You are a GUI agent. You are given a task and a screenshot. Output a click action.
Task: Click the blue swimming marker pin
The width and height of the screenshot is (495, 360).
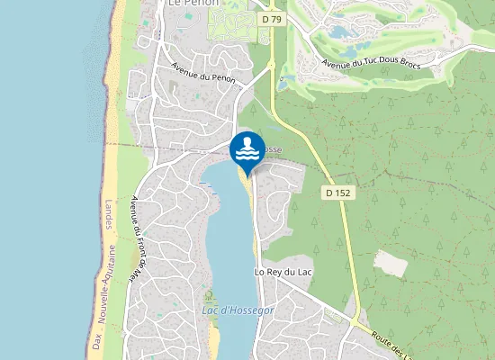(x=247, y=148)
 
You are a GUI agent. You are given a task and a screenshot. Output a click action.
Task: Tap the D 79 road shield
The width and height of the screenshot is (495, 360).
(x=272, y=18)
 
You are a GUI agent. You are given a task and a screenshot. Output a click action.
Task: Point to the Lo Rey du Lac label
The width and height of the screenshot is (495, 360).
(x=283, y=271)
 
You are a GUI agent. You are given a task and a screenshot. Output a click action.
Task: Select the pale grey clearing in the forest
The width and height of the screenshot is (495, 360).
(x=391, y=264)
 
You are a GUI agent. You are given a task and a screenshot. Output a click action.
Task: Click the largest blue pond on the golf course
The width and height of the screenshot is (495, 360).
(x=341, y=31)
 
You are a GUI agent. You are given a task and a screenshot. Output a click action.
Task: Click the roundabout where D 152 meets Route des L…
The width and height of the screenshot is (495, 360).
(x=358, y=321)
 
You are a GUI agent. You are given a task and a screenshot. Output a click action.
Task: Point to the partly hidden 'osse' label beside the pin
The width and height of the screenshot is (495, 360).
(x=272, y=149)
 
